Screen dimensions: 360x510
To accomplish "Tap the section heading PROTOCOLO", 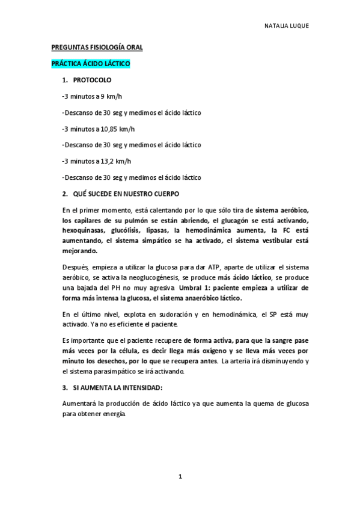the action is (x=91, y=79).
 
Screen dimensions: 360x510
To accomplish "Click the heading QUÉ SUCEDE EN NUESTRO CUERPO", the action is (x=125, y=194).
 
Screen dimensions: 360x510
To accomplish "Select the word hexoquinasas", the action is (x=84, y=230).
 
